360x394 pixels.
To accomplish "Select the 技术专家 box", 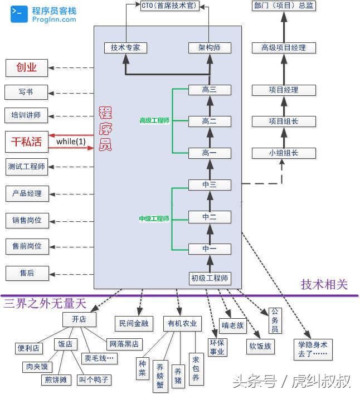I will click(125, 48).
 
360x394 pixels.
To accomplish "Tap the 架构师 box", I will click(210, 48).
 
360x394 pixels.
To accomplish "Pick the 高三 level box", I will click(210, 90).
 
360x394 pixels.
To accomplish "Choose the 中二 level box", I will click(210, 217).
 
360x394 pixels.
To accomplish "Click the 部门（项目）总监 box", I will click(283, 6).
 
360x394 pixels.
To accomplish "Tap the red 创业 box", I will click(26, 68).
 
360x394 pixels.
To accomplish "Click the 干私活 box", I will click(26, 142).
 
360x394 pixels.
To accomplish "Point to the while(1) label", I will click(71, 142).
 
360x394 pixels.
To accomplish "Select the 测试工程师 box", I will click(26, 166).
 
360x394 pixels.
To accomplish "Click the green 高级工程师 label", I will click(154, 120).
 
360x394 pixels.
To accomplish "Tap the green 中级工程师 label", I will click(154, 219).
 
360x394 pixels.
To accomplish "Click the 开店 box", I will click(79, 319).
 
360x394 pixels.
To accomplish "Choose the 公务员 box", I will click(275, 320).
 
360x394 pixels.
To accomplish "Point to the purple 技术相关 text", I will click(324, 285).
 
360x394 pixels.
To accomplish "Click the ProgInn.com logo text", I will click(54, 19).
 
